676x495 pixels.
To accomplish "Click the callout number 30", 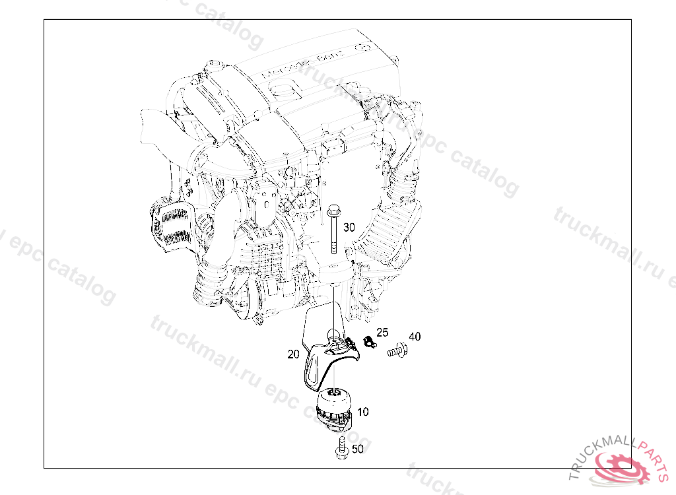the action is click(349, 227).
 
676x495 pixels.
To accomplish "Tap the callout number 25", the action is click(382, 332).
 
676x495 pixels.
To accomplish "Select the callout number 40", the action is click(415, 337).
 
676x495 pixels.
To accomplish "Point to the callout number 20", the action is click(294, 354).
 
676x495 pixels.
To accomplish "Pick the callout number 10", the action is click(363, 412).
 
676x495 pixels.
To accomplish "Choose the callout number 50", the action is click(357, 449).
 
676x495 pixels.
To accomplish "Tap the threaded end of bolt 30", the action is click(333, 247).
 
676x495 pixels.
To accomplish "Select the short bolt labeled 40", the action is click(396, 352).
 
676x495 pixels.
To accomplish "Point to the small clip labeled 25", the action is click(368, 343).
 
